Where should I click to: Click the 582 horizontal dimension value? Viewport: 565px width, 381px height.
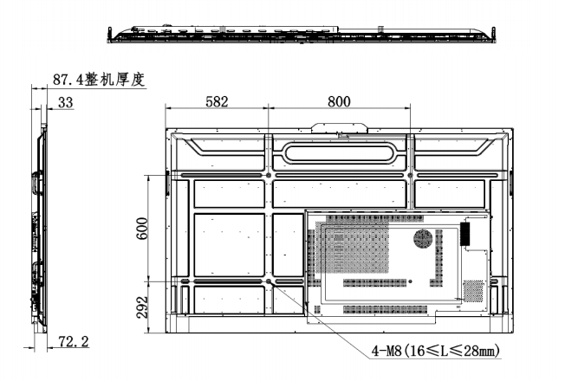[217, 101]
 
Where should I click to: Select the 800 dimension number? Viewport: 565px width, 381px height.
[339, 101]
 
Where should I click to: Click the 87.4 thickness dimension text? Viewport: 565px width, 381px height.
[70, 80]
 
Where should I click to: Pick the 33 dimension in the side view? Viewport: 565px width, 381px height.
[65, 101]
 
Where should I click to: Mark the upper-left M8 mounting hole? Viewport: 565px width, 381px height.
[269, 176]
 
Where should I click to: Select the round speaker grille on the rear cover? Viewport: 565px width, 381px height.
[425, 237]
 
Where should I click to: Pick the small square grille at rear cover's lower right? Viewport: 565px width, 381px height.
[473, 290]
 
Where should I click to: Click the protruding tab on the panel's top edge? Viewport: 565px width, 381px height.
[339, 127]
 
